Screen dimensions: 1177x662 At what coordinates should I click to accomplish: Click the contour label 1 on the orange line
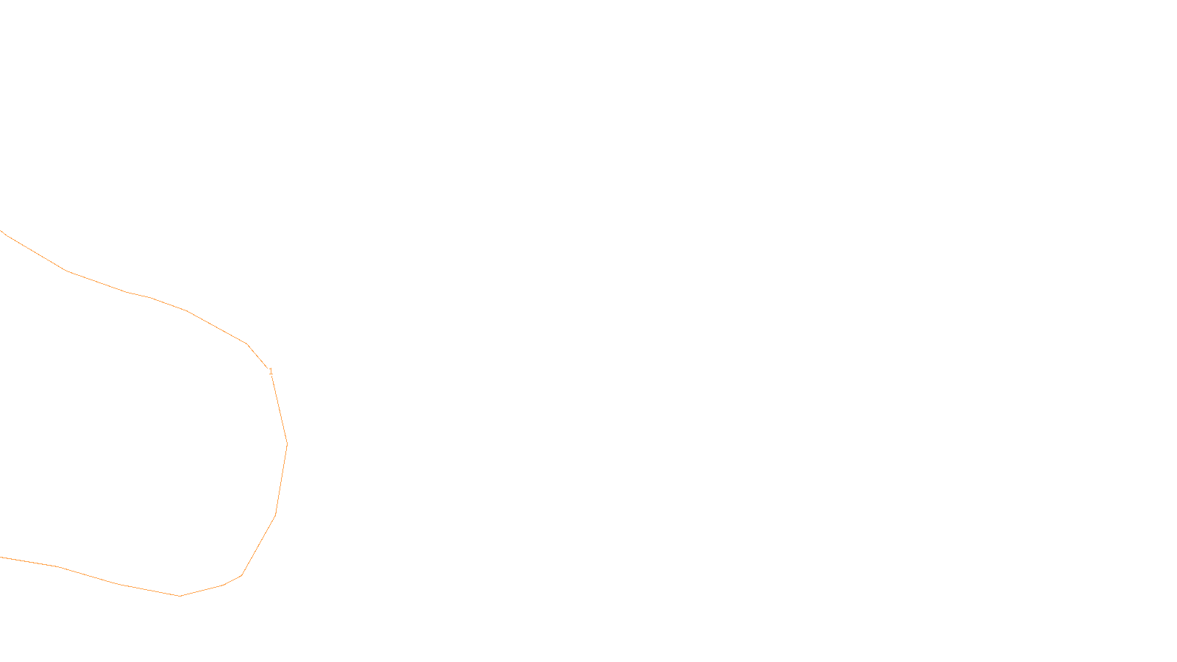(271, 371)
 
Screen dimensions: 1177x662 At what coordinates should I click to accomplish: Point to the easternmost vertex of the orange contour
(287, 444)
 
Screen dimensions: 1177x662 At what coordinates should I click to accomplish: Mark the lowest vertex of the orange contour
(180, 596)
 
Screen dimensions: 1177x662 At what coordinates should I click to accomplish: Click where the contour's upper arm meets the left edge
(1, 230)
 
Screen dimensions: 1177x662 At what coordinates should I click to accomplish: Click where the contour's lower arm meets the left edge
(1, 557)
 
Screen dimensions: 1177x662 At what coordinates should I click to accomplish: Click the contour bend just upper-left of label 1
(247, 344)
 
